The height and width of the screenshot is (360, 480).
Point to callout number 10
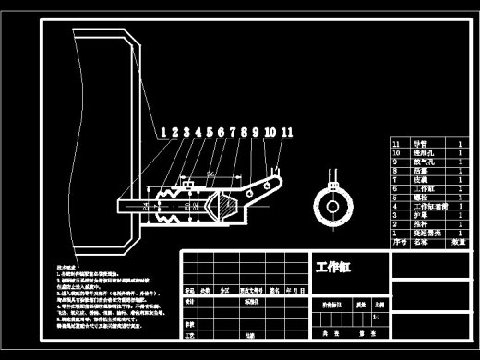(269, 132)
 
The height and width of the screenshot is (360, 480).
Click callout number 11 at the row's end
(287, 132)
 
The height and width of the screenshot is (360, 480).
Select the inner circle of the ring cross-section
(333, 202)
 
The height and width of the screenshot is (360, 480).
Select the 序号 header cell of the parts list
(399, 243)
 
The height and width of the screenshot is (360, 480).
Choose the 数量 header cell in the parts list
(459, 243)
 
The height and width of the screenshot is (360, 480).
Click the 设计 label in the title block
(189, 302)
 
